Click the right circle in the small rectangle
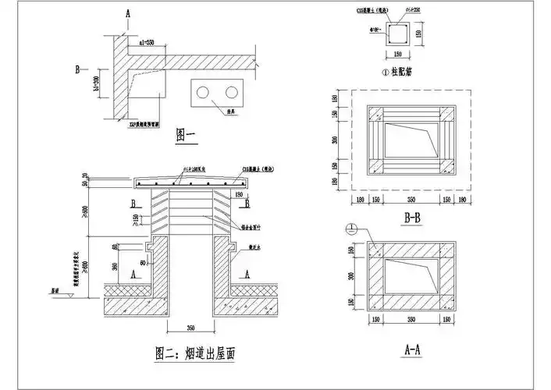(x=230, y=93)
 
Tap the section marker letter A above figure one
(x=126, y=14)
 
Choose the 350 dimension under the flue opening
(x=187, y=327)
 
